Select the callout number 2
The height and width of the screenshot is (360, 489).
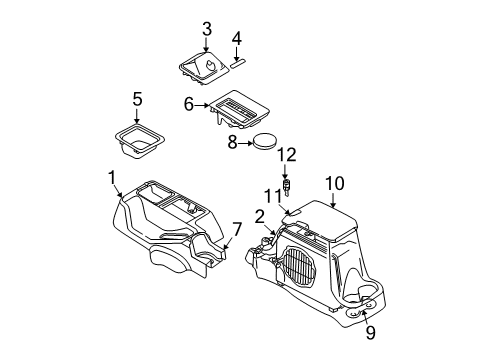pos(260,217)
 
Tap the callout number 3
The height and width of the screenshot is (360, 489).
pos(206,29)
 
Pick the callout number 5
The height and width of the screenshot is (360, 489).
pos(138,99)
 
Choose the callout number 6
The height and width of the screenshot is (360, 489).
pos(188,103)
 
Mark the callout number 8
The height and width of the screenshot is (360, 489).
pos(233,143)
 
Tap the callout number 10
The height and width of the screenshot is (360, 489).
pos(333,182)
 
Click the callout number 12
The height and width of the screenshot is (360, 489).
pos(287,154)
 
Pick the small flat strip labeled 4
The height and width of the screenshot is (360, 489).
pos(241,60)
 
